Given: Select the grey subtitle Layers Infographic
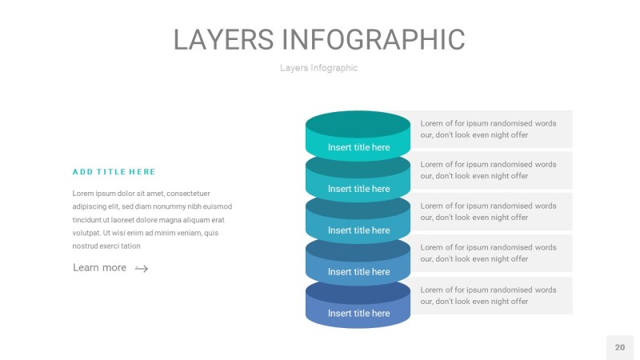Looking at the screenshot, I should [x=318, y=68].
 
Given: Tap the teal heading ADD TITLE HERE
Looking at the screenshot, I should [x=114, y=172].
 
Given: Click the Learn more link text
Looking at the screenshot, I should [x=99, y=268].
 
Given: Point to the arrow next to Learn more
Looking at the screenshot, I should [x=142, y=269].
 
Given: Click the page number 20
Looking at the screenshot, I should [x=620, y=347].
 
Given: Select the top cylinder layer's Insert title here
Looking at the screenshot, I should [x=358, y=147].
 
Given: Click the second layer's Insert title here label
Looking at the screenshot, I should [x=358, y=189].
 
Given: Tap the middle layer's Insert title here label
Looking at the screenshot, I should [x=358, y=230].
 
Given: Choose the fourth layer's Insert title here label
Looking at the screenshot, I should [x=358, y=272].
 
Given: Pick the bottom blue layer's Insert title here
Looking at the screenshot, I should [x=358, y=314].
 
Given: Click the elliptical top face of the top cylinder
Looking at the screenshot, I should [x=358, y=124].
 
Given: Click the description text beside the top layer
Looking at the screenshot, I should [x=488, y=129].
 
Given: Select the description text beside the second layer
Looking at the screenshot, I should [x=488, y=170].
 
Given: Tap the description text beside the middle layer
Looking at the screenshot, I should [x=488, y=212].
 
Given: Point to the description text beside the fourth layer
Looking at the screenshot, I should [x=488, y=254].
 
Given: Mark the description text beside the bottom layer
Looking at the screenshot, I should [x=488, y=295].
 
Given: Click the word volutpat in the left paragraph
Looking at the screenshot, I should [x=90, y=233].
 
